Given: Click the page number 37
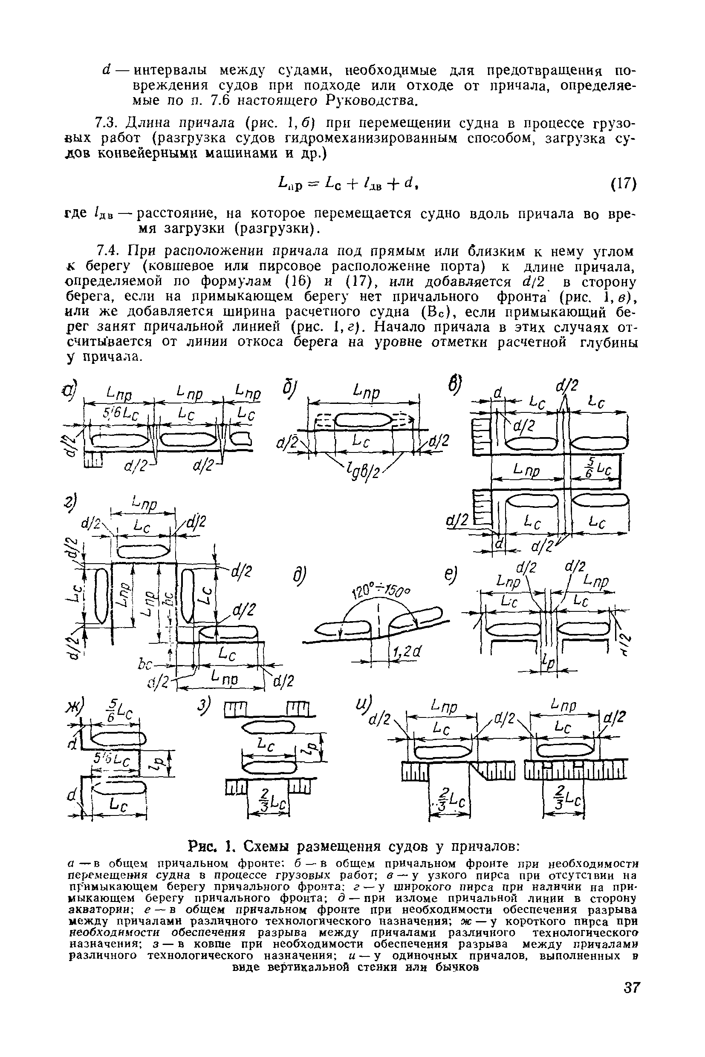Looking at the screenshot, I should [x=631, y=1000].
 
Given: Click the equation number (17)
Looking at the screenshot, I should [x=624, y=184].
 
